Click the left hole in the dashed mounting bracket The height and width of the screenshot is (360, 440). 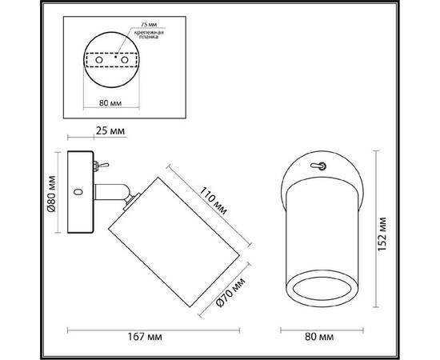pos(99,60)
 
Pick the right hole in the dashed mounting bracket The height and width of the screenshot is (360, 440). pos(126,60)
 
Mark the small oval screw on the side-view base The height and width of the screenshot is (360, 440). pos(78,192)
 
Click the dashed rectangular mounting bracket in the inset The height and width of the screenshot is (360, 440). pos(113,60)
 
